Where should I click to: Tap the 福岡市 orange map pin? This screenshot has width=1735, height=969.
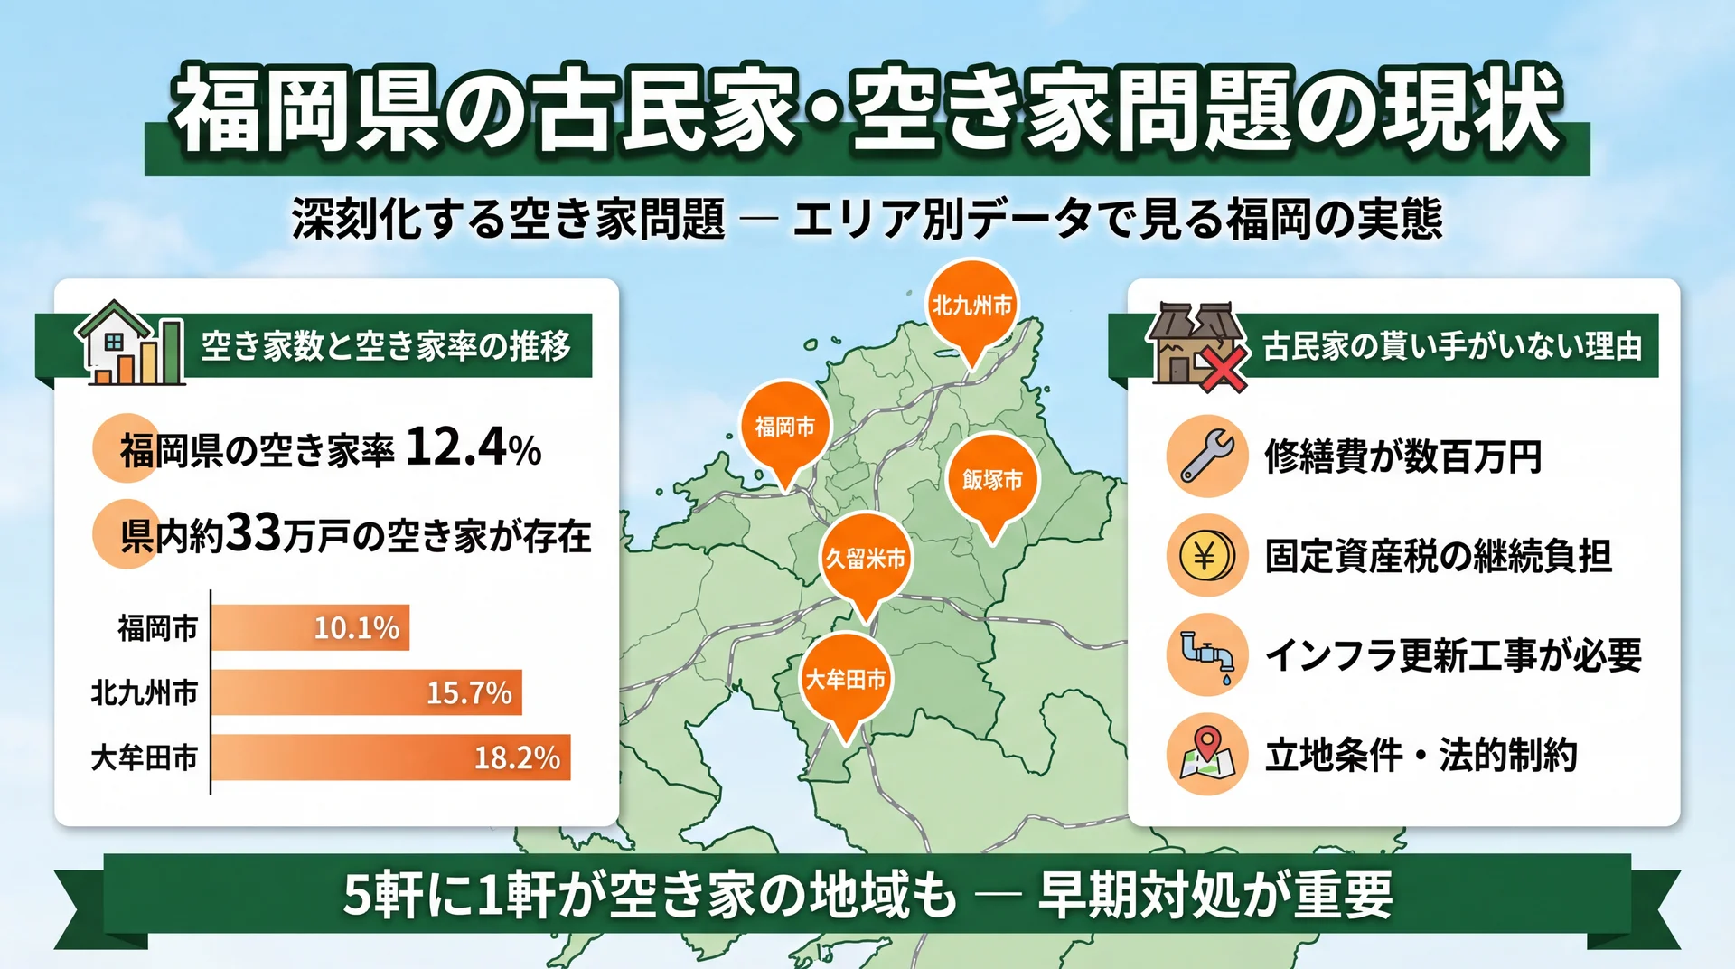pos(785,426)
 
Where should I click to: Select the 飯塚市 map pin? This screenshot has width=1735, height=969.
pos(992,479)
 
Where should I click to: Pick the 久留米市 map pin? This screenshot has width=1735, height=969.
pos(866,559)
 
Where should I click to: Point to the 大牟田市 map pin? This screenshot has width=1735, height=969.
pos(846,679)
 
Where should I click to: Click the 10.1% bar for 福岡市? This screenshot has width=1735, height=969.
pos(310,627)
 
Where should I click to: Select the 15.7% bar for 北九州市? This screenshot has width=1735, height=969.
pos(366,692)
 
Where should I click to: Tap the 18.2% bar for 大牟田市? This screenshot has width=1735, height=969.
pos(390,757)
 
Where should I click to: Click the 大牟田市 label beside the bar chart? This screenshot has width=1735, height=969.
pos(144,757)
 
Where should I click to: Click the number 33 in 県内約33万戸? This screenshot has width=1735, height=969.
pos(253,533)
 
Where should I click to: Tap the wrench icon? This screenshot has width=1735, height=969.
pos(1207,456)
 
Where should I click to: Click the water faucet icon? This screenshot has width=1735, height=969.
pos(1207,654)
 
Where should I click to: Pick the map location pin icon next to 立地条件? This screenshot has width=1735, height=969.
pos(1207,754)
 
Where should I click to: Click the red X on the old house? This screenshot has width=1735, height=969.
pos(1223,371)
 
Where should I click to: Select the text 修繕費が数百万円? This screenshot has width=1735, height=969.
pos(1402,456)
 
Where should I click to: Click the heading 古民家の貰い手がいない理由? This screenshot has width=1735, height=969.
pos(1451,346)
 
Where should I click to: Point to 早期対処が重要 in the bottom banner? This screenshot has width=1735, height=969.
pos(1215,895)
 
